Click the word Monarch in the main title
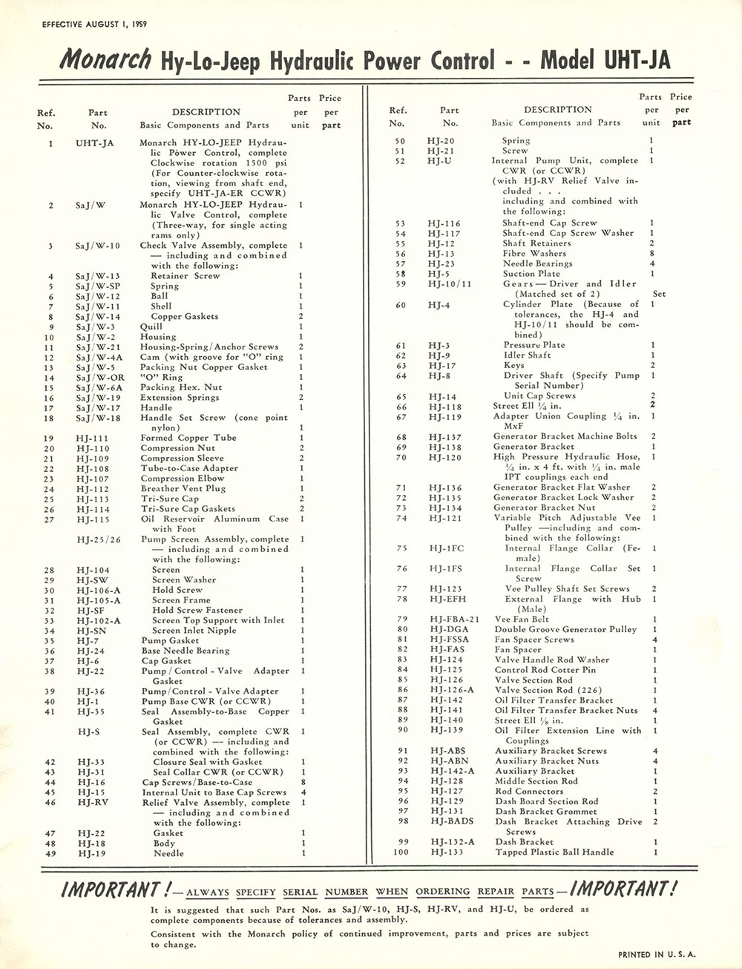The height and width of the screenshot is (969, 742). point(106,59)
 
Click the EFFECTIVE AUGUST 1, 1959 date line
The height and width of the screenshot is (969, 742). point(94,24)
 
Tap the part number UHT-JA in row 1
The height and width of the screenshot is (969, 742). point(94,143)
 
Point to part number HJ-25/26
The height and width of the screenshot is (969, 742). point(95,539)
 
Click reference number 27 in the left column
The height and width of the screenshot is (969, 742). point(50,519)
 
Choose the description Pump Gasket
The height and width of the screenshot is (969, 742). point(170,641)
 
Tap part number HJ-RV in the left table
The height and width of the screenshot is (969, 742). point(93,803)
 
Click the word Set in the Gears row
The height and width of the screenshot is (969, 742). point(659,294)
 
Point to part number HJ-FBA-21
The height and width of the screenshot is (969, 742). point(454,620)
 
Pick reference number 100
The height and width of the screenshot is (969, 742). point(401,853)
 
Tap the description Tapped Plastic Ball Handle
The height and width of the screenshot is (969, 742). point(554,853)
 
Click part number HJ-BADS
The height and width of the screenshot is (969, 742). point(451,822)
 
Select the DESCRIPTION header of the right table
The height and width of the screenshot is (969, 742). point(557,109)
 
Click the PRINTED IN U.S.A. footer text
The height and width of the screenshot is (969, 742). point(657,955)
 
